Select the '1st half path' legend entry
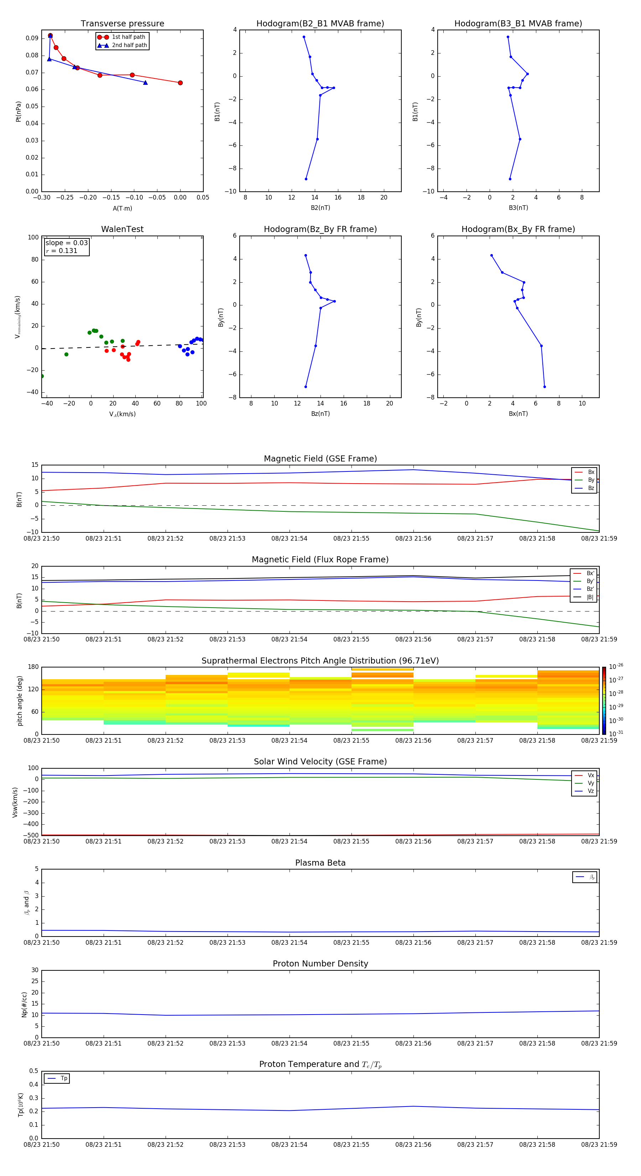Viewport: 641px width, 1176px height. (128, 37)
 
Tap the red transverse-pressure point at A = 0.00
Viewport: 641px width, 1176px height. (180, 83)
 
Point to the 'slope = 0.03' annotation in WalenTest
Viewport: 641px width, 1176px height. (67, 243)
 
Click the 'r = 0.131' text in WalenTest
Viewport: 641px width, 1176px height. (62, 251)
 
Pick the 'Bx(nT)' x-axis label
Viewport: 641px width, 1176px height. (518, 414)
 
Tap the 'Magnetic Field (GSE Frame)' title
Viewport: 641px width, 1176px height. (320, 459)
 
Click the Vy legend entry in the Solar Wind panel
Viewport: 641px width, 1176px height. (590, 783)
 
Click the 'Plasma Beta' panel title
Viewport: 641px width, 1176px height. (320, 863)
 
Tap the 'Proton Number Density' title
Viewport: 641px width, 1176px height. (320, 964)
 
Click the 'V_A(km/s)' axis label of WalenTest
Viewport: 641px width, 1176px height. (122, 414)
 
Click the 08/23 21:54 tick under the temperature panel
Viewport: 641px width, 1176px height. (289, 1145)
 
